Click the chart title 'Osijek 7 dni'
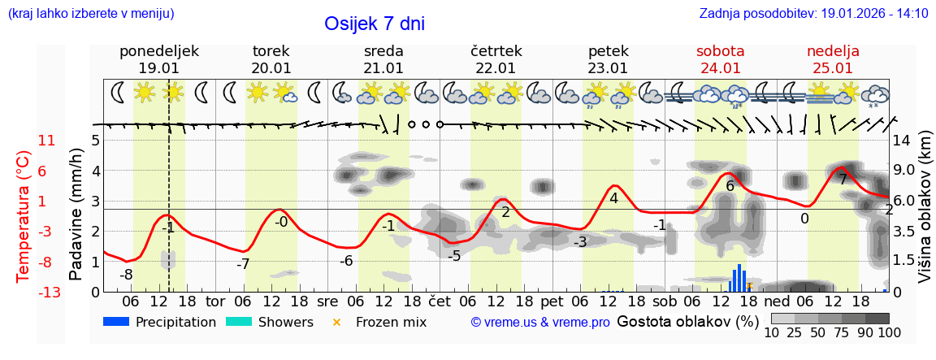coord(374,24)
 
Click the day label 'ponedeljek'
coord(158,51)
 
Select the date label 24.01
coord(721,68)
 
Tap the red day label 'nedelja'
coord(833,51)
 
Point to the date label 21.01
coord(383,68)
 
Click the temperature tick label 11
coord(46,141)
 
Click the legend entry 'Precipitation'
coord(160,322)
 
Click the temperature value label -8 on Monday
coord(126,275)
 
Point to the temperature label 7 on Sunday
coord(843,180)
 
